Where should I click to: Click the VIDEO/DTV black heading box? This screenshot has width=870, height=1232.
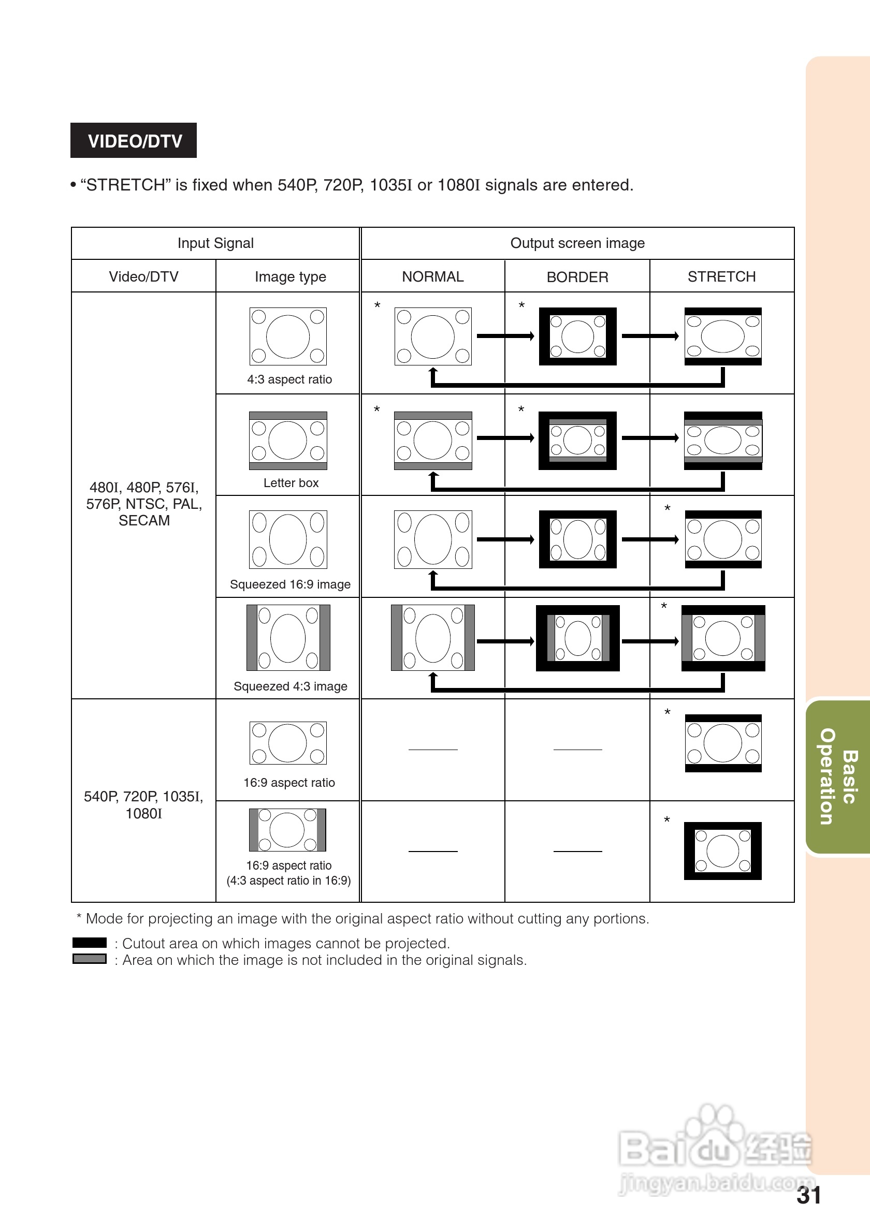tap(134, 141)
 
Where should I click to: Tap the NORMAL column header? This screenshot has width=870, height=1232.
tap(432, 276)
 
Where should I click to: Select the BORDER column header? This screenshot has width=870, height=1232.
tap(577, 277)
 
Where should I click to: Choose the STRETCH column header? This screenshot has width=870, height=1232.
tap(721, 276)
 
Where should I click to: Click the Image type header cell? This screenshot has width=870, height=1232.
tap(290, 276)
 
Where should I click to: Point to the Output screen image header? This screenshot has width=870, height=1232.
tap(577, 243)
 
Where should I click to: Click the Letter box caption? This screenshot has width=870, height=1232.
tap(291, 483)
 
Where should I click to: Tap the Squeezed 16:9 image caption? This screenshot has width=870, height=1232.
tap(290, 584)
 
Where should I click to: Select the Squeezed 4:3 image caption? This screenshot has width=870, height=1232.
tap(290, 686)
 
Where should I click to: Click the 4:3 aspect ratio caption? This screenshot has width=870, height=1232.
tap(289, 379)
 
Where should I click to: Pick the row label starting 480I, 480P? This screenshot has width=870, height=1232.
tap(144, 504)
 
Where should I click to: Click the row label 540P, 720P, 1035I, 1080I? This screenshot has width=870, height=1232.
tap(143, 805)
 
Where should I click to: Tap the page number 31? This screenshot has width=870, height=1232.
tap(808, 1196)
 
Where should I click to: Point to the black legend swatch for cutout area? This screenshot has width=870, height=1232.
tap(90, 943)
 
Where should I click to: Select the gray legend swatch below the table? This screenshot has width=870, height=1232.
tap(90, 959)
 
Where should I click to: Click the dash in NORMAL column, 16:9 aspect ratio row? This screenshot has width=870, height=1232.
tap(432, 750)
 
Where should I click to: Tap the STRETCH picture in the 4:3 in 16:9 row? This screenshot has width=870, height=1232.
tap(722, 851)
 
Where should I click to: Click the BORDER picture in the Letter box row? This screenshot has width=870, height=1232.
tap(577, 441)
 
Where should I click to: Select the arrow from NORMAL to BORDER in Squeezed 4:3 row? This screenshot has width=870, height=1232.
tap(505, 641)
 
